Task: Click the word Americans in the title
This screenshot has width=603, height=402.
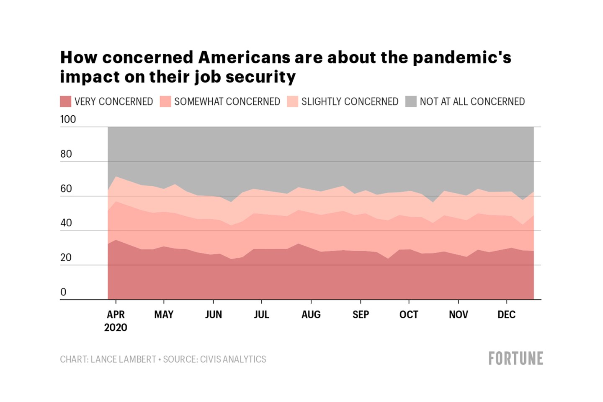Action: (244, 57)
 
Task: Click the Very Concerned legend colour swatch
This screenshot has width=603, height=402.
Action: (65, 101)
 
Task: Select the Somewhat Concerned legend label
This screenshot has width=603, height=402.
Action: (227, 101)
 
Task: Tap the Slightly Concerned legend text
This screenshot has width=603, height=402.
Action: (350, 101)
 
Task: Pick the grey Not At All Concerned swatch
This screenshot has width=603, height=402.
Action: (411, 101)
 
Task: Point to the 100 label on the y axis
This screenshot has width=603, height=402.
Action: (68, 119)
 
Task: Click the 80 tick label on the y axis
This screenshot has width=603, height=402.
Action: (66, 154)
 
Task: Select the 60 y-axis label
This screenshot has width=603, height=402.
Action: (66, 189)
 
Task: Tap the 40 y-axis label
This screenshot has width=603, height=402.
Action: (66, 223)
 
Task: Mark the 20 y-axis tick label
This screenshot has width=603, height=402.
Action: (66, 257)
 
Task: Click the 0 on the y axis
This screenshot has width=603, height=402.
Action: (63, 292)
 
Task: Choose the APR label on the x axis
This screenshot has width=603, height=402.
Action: (116, 314)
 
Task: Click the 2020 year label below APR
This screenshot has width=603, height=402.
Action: (116, 327)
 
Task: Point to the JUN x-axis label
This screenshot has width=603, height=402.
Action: (213, 314)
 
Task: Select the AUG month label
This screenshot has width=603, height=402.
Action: (311, 314)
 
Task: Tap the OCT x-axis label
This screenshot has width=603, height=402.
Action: (409, 314)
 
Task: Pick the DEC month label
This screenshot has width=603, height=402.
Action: (506, 314)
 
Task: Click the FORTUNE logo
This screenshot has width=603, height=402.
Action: (515, 359)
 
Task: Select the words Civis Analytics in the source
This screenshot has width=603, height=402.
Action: (233, 359)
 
